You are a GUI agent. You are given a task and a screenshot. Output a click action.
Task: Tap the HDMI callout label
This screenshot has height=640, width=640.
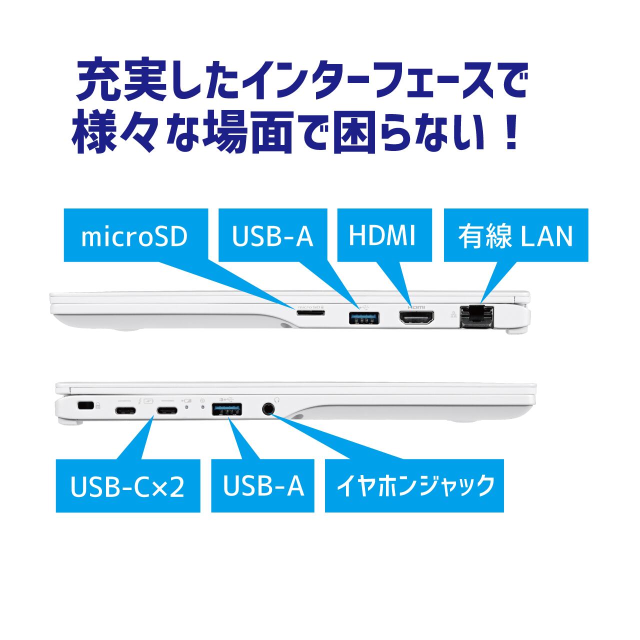382,235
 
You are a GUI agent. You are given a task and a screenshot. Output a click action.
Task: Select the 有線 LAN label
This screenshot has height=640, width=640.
515,235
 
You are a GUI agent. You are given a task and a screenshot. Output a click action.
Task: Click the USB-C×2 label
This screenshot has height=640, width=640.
127,486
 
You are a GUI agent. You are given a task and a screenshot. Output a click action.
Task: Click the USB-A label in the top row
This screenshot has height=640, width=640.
272,235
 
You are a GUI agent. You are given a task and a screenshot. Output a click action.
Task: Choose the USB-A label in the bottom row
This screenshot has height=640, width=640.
263,486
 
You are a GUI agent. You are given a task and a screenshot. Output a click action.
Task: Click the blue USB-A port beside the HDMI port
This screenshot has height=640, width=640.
363,317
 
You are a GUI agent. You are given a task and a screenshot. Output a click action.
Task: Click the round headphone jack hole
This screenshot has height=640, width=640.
268,408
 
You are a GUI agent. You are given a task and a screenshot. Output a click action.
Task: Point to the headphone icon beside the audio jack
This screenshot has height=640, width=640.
277,399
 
